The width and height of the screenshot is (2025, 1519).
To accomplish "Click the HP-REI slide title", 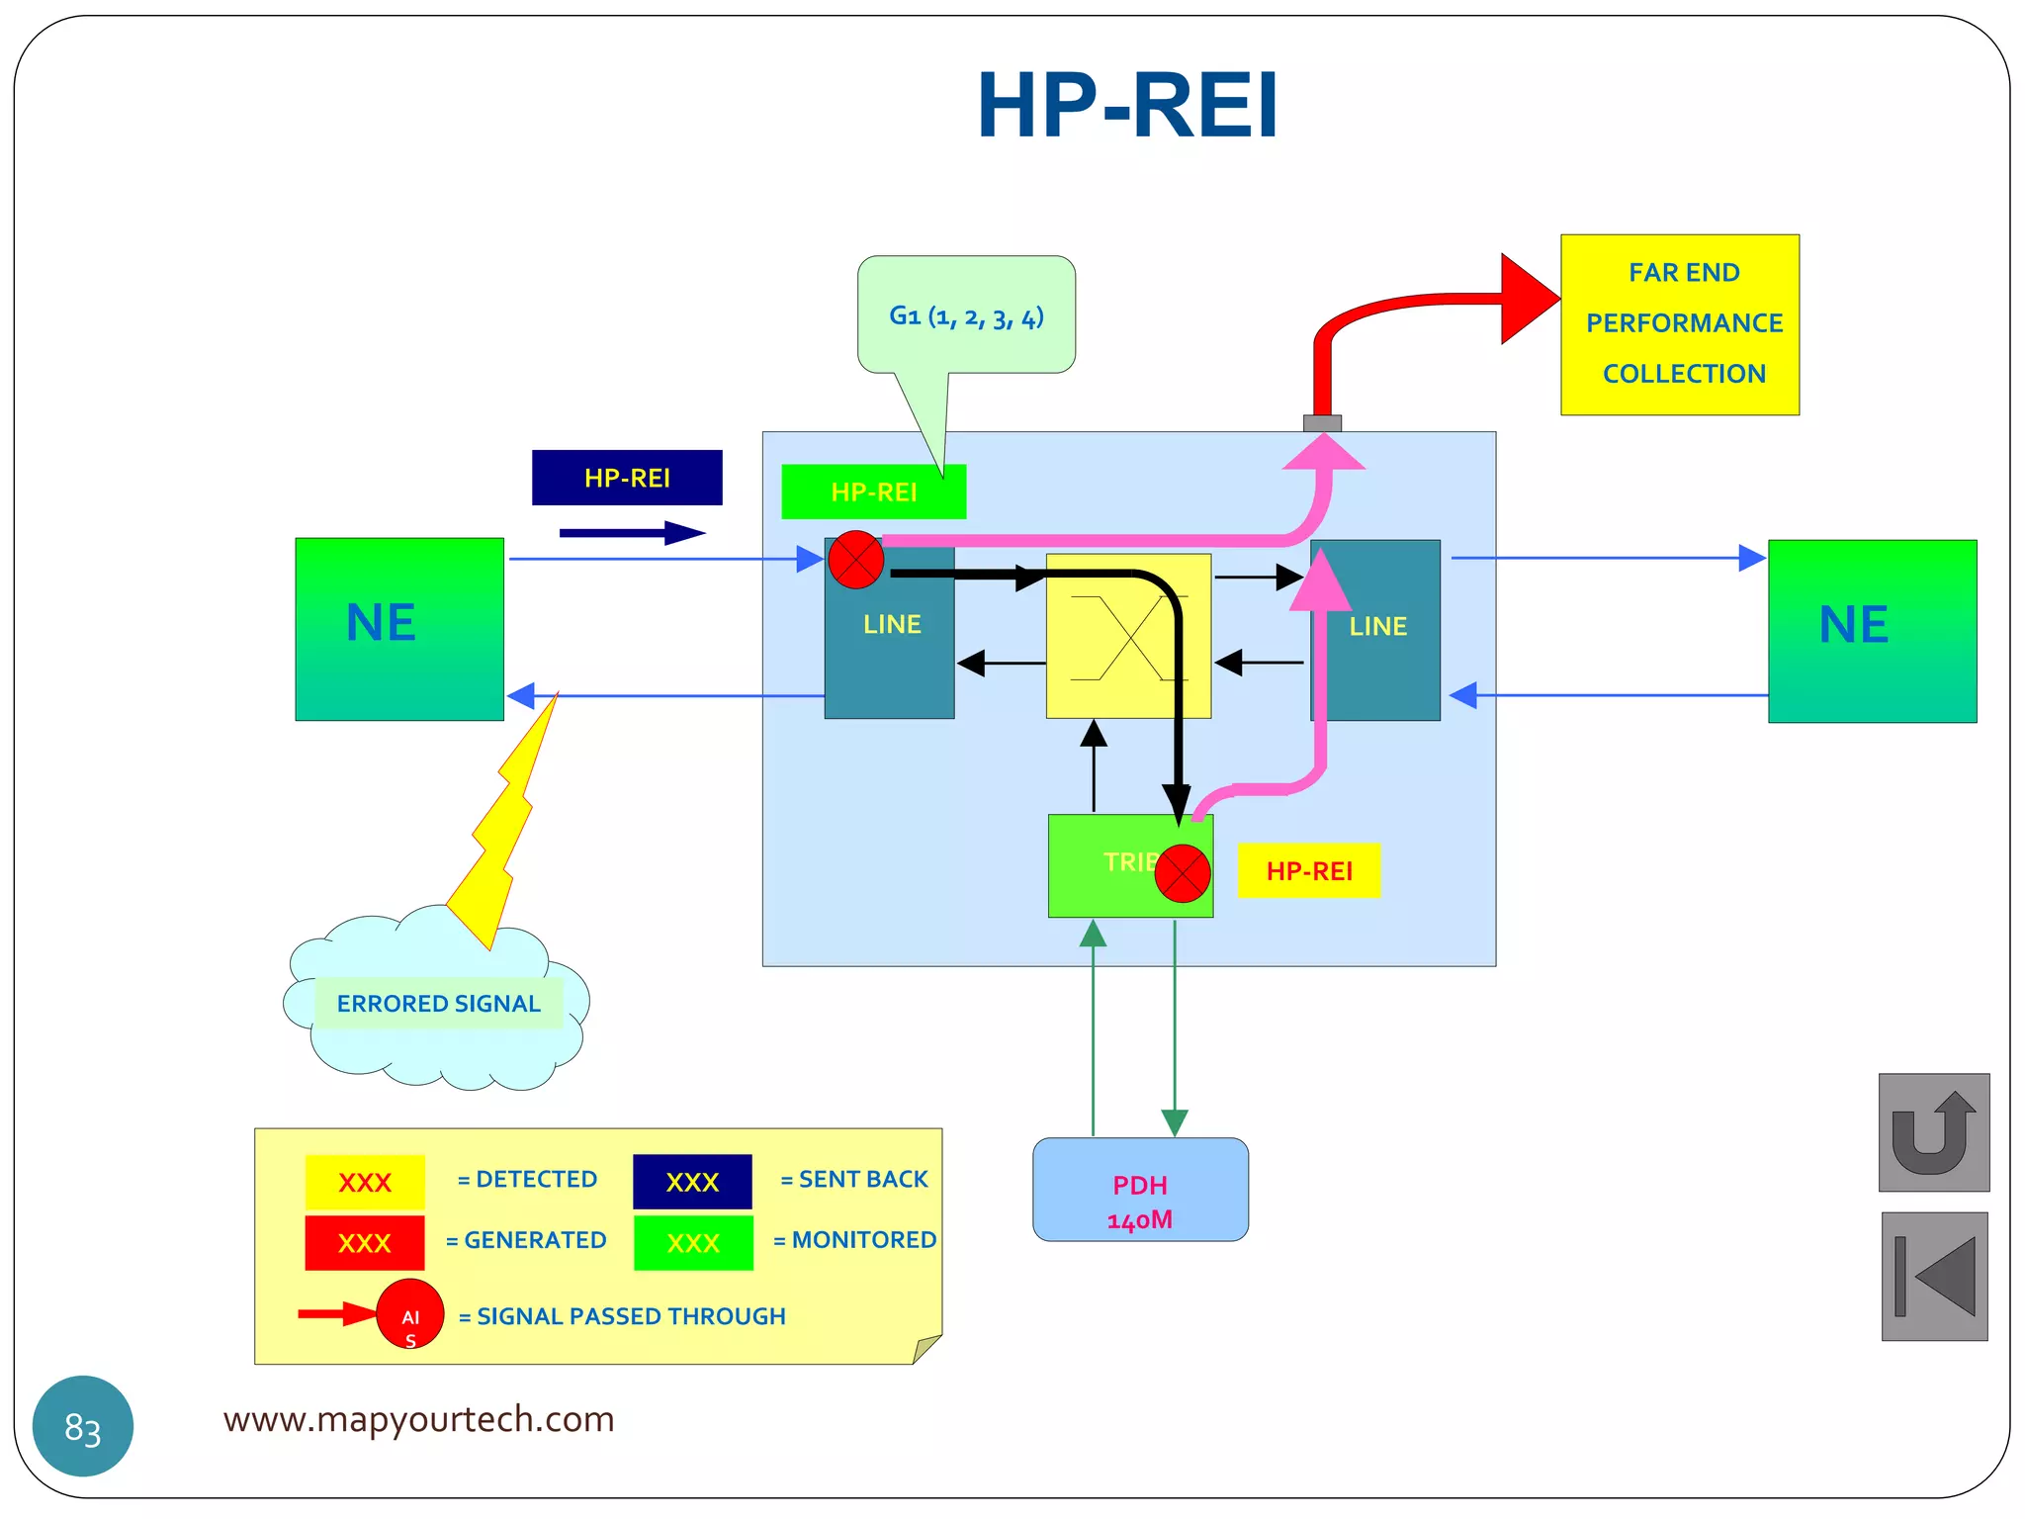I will (x=1127, y=106).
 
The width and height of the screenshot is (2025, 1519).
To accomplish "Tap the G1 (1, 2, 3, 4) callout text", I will (x=966, y=316).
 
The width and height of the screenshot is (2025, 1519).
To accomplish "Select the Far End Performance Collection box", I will (x=1679, y=324).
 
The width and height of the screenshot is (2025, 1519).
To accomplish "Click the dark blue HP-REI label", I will (x=627, y=478).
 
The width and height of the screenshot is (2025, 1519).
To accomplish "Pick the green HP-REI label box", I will (x=873, y=491).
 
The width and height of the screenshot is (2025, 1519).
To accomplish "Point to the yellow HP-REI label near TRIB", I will (x=1308, y=870).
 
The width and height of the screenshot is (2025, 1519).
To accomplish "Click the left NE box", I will (x=399, y=629).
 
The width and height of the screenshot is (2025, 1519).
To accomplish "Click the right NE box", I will (x=1872, y=631).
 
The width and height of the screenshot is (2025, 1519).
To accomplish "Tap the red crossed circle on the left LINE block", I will (x=855, y=560).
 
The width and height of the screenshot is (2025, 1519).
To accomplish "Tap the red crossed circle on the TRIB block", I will (x=1183, y=873).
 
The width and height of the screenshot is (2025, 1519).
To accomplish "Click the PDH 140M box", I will (x=1140, y=1190).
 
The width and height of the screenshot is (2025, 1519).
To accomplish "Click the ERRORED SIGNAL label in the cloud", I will (x=438, y=1004).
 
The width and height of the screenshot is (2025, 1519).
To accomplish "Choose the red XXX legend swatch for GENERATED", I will (x=364, y=1243).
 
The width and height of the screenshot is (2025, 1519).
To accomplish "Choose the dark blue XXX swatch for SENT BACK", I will (x=692, y=1182).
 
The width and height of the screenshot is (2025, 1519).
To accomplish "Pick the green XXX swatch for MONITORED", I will (x=693, y=1243).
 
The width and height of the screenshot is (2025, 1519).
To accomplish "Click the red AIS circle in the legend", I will (x=409, y=1314).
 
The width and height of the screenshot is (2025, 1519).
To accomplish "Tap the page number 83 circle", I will (x=83, y=1426).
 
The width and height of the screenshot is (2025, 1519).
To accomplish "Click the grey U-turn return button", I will (x=1933, y=1132).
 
